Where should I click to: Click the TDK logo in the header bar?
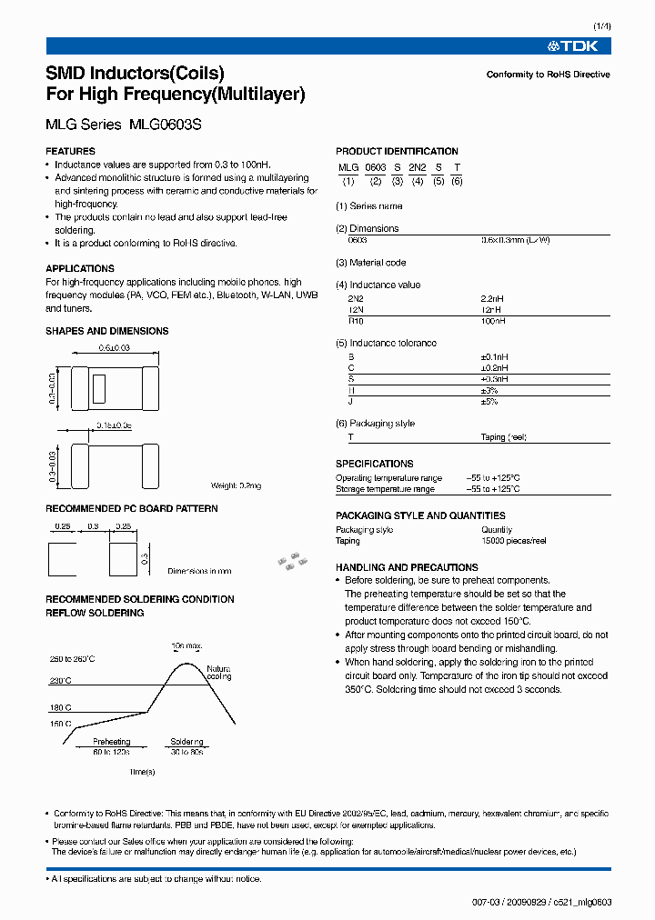click(x=579, y=45)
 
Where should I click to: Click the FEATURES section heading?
click(x=70, y=151)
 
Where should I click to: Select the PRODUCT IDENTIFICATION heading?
click(x=397, y=151)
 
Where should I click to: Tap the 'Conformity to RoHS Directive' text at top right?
click(x=548, y=75)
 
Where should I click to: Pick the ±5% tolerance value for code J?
click(x=489, y=402)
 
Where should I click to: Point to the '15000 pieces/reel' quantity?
click(x=513, y=541)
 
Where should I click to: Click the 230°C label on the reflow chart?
click(x=61, y=680)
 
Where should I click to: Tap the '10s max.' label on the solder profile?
click(x=187, y=646)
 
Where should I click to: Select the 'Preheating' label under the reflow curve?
click(x=111, y=742)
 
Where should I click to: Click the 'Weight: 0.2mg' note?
click(x=236, y=486)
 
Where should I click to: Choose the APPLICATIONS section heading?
click(x=80, y=269)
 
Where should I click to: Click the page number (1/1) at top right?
click(x=600, y=27)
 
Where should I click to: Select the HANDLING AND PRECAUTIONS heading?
click(x=407, y=567)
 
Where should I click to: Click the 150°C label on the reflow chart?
click(x=61, y=724)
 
